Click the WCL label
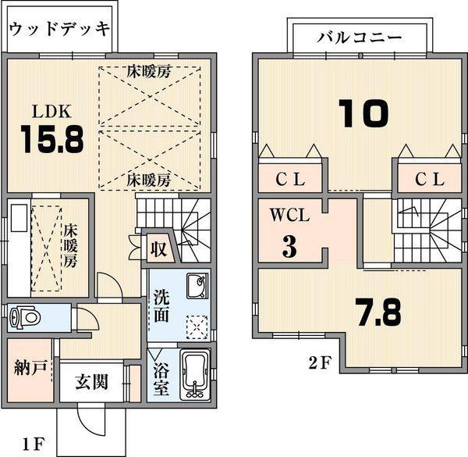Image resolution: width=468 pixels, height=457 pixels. click(290, 216)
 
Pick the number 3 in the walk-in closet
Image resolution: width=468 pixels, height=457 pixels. click(289, 247)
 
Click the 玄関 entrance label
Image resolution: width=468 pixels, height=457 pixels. click(91, 383)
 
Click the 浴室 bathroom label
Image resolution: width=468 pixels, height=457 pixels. click(159, 377)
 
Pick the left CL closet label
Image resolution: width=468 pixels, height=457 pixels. click(291, 179)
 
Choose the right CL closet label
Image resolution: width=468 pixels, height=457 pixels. click(429, 179)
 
